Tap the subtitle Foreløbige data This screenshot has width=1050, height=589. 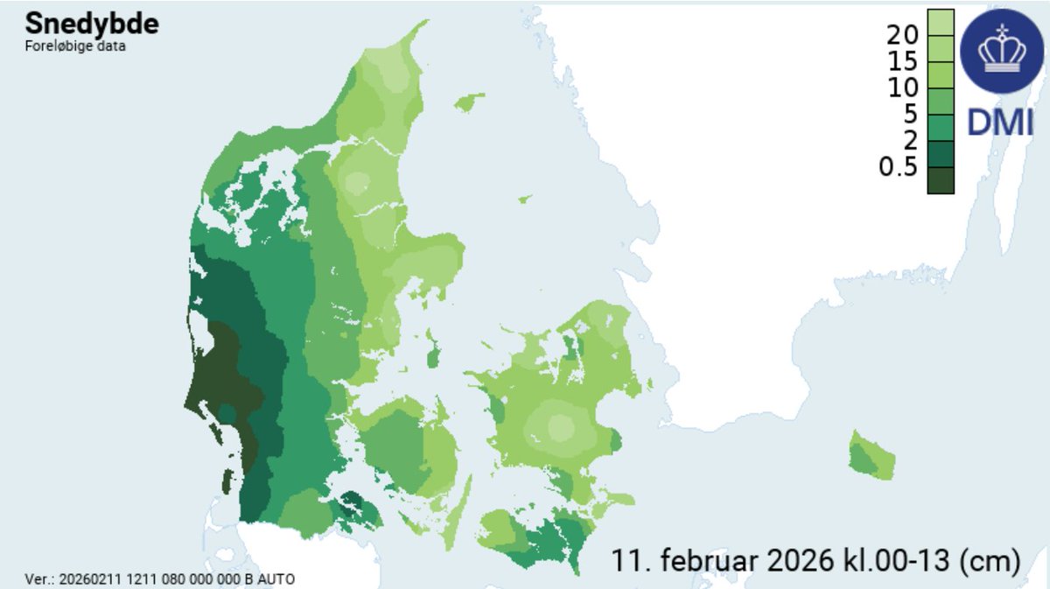pyautogui.click(x=74, y=46)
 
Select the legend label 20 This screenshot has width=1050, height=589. pyautogui.click(x=901, y=36)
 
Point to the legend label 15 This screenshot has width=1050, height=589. pyautogui.click(x=901, y=62)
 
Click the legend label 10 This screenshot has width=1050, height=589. pyautogui.click(x=901, y=88)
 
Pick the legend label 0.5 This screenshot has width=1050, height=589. pyautogui.click(x=898, y=166)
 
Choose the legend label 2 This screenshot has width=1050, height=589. pyautogui.click(x=910, y=140)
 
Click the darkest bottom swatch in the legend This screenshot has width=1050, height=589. pyautogui.click(x=941, y=179)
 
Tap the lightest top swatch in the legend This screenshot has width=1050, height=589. pyautogui.click(x=941, y=22)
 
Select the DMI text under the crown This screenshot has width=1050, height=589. pyautogui.click(x=1000, y=123)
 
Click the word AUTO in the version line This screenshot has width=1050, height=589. pyautogui.click(x=276, y=579)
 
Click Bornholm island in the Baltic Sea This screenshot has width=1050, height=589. pyautogui.click(x=871, y=456)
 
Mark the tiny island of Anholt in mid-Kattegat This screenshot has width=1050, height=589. pyautogui.click(x=524, y=200)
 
